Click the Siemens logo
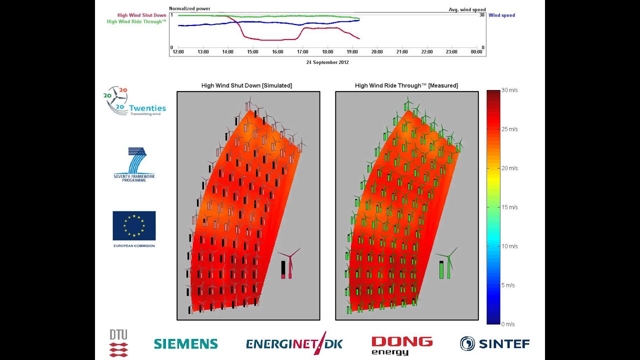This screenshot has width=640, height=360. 185,343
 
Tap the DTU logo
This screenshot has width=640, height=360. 118,343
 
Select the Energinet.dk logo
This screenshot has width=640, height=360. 294,343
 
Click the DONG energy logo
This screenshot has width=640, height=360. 401,345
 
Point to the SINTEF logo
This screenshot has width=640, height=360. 494,343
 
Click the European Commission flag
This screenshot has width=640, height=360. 134,226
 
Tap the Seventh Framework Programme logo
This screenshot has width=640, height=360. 134,164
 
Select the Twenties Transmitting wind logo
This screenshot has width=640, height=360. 135,101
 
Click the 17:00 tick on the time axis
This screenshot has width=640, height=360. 302,51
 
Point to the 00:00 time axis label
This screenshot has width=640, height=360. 476,51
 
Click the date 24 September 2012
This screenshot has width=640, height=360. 327,62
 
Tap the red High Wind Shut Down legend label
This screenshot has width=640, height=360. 141,15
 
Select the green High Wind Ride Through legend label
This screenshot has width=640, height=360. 136,21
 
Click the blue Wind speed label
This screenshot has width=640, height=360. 501,15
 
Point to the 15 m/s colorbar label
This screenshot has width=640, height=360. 509,207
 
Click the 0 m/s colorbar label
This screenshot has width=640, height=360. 508,324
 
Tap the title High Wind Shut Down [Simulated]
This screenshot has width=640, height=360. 246,85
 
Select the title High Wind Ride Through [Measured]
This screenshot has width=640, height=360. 406,85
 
